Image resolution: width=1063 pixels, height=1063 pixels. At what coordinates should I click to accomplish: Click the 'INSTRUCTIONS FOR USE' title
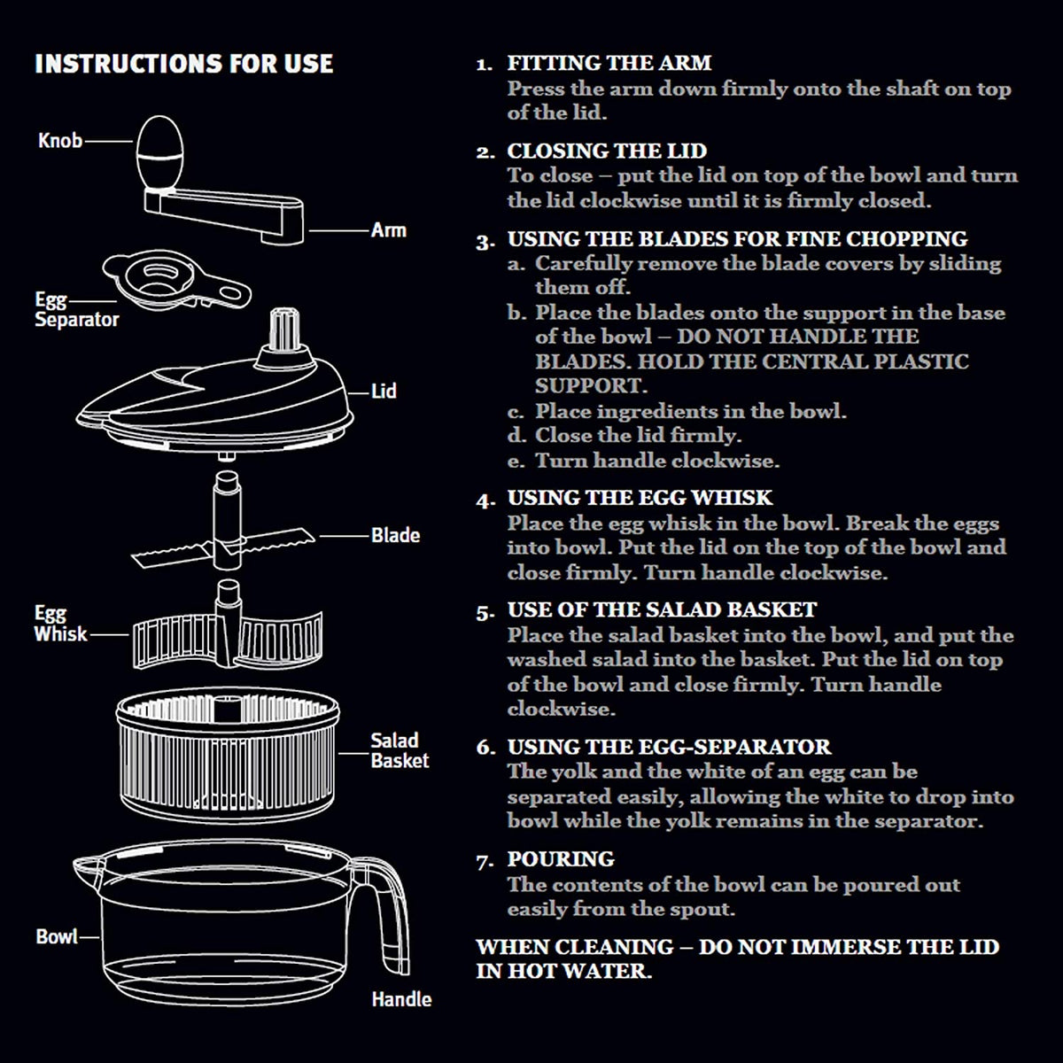click(x=183, y=64)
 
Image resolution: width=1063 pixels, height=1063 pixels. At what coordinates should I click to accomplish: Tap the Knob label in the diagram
click(x=60, y=141)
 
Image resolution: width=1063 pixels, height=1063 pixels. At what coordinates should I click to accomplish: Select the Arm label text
click(x=388, y=230)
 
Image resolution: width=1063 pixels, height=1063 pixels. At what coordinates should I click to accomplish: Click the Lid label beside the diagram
click(x=384, y=392)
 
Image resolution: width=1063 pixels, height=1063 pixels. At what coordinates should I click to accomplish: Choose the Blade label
click(x=395, y=535)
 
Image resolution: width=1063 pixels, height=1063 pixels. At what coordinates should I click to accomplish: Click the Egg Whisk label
click(x=61, y=624)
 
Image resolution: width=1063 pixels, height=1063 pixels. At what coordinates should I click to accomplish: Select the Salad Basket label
click(x=400, y=750)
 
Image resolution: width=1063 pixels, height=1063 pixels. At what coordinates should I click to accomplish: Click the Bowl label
click(x=57, y=936)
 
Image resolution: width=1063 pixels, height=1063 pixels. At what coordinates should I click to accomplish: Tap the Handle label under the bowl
click(x=401, y=999)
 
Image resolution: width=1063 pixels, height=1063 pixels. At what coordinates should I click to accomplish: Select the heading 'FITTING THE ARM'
click(x=609, y=64)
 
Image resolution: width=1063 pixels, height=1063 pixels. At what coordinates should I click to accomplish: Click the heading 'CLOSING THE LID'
click(x=607, y=151)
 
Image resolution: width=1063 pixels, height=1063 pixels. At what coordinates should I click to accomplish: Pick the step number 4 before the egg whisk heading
click(x=485, y=500)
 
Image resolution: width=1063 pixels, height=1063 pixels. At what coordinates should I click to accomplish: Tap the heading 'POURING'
click(x=561, y=859)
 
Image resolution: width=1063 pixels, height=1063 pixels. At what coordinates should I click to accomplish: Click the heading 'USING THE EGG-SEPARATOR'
click(x=669, y=747)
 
